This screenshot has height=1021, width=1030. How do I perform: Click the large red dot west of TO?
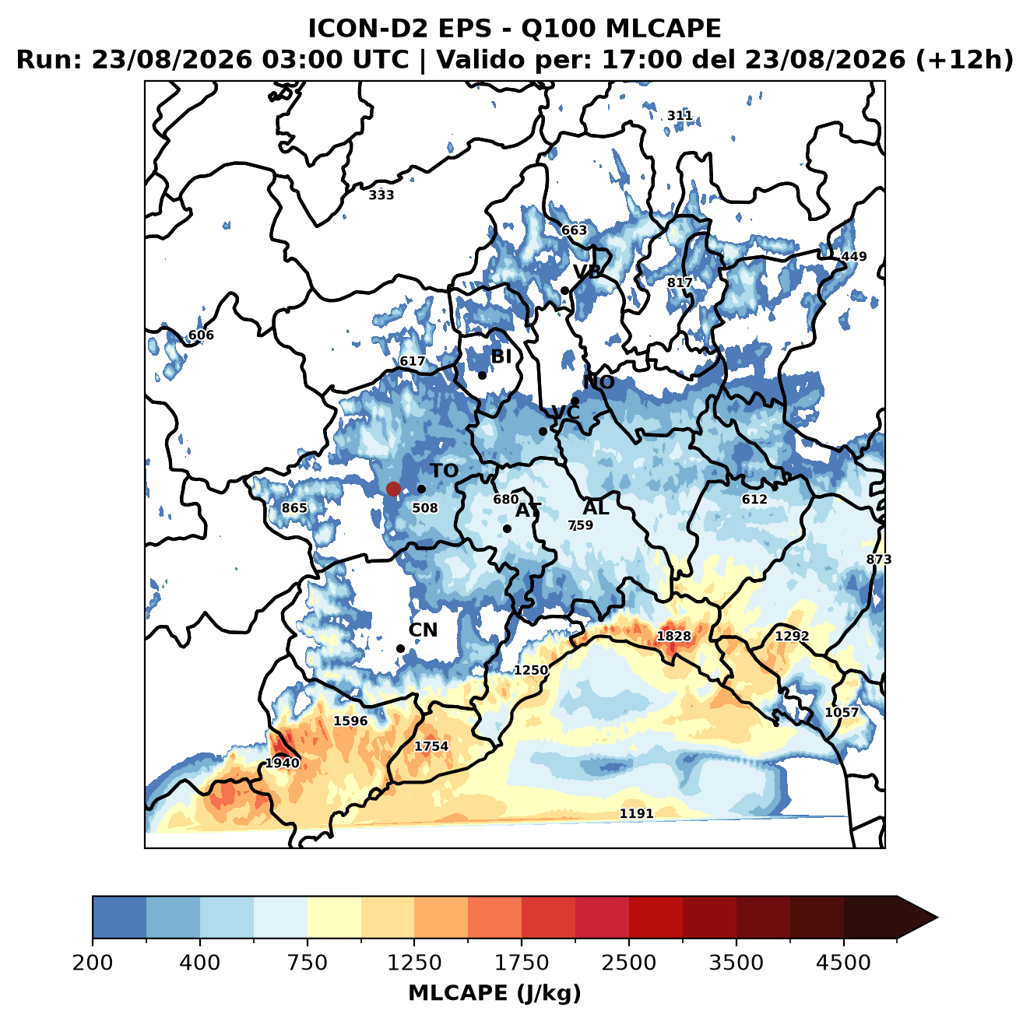393,489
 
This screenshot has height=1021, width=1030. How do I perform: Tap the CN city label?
423,630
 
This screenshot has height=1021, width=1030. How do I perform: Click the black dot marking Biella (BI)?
482,375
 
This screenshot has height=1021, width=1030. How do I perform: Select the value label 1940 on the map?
283,763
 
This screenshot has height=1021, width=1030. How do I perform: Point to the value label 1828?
673,637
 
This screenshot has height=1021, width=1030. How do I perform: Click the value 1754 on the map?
431,746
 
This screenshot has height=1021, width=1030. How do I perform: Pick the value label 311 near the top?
680,115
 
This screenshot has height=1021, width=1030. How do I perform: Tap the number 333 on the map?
381,195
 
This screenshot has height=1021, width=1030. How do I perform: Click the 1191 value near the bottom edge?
636,814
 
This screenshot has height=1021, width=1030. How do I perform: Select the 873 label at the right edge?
879,560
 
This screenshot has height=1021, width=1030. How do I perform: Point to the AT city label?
528,510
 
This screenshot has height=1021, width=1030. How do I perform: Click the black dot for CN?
400,648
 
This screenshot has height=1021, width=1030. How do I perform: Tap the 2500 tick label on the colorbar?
628,962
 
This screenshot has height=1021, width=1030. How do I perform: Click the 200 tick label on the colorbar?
93,962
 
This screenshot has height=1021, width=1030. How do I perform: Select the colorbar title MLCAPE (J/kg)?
494,993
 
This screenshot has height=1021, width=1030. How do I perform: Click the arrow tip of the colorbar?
937,918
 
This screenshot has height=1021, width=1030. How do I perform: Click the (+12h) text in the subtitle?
965,60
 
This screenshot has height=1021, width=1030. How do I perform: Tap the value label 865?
294,507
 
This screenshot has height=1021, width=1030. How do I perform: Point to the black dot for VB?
564,290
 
